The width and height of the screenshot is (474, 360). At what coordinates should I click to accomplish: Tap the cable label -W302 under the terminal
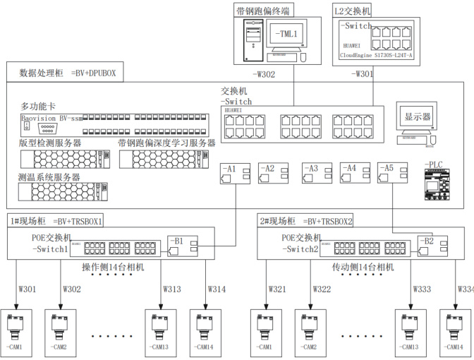tap(264, 73)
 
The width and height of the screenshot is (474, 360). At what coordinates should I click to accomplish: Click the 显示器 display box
tap(416, 116)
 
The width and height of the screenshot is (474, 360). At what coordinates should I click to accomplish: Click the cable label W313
tap(172, 289)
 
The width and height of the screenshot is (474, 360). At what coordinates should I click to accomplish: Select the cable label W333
tap(421, 289)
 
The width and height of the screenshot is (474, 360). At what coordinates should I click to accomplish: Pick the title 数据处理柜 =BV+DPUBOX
tap(67, 73)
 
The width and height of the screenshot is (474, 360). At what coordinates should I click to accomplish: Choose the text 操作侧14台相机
tap(113, 268)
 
